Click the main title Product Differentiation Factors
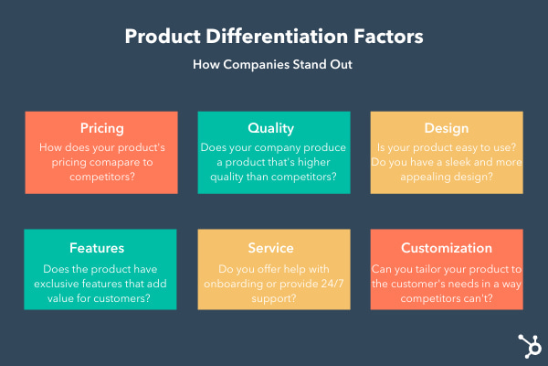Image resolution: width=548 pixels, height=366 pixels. coord(274,38)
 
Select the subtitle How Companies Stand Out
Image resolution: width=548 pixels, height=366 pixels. coord(274,65)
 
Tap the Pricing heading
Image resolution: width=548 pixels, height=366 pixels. coord(101,127)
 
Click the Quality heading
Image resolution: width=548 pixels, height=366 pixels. coord(274,127)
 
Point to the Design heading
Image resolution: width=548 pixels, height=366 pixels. coord(447,127)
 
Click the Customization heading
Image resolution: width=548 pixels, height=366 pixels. coord(447,247)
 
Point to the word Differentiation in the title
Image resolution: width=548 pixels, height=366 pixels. coord(274,38)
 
